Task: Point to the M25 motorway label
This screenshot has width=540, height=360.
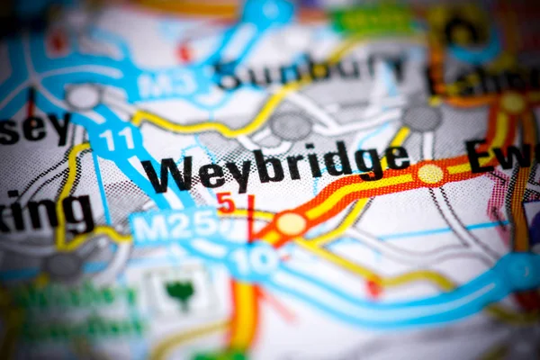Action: click(175, 225)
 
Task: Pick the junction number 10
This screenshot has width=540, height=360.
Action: click(251, 258)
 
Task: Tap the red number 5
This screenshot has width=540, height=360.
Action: click(225, 202)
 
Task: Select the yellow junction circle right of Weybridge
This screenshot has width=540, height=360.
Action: click(430, 174)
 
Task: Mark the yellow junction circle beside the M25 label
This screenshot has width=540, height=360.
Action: click(291, 223)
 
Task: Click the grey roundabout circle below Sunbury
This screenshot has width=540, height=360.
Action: click(291, 126)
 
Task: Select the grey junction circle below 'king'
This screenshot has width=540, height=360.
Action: click(63, 265)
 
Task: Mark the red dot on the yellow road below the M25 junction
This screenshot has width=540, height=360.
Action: click(373, 287)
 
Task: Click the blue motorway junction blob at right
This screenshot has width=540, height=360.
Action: click(520, 270)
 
